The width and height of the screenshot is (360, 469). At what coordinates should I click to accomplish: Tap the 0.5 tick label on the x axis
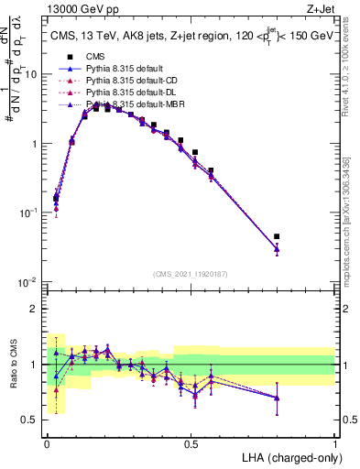point(191,443)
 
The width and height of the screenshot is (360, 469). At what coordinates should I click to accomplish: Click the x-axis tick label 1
point(334,443)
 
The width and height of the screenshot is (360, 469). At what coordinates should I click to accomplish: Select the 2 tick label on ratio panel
point(35,309)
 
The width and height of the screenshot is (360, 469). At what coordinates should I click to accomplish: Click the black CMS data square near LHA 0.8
point(277,236)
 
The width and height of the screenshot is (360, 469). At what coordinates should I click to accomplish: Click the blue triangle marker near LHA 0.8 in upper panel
point(277,248)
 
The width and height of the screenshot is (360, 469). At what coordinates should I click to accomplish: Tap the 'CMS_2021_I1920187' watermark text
point(191,273)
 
